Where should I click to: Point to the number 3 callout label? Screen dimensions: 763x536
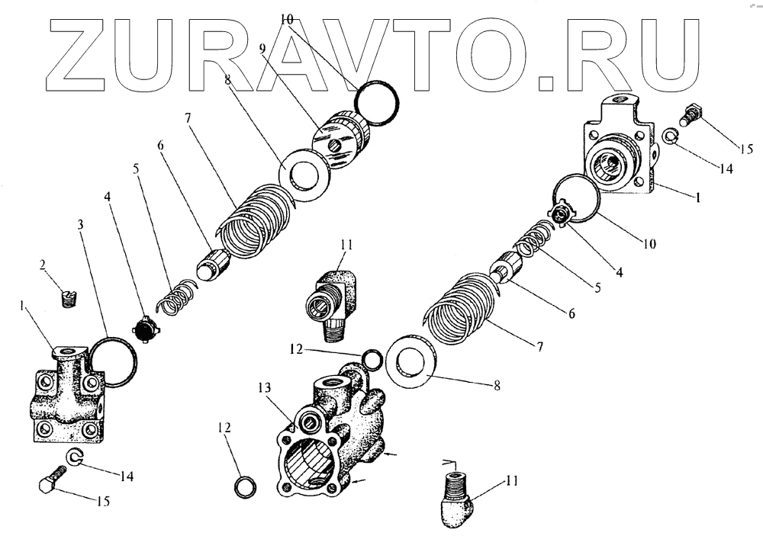click(82, 226)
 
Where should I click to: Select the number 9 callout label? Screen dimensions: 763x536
click(262, 48)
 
